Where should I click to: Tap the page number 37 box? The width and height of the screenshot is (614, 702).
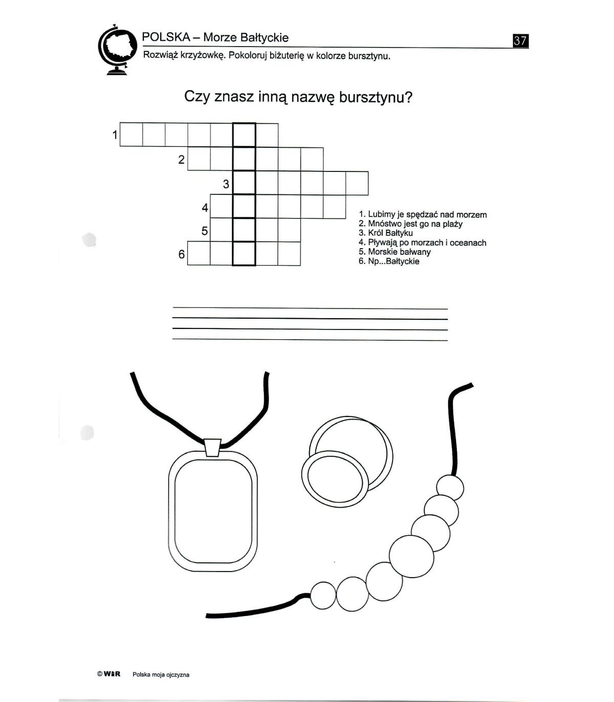click(x=520, y=41)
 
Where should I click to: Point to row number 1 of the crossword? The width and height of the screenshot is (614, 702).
click(x=115, y=135)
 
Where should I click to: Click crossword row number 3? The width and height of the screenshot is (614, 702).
click(x=226, y=184)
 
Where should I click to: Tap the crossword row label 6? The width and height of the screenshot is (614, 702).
click(x=181, y=254)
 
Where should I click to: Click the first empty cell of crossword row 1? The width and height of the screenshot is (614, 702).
click(x=131, y=135)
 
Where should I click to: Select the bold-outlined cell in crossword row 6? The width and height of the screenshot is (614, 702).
click(x=244, y=254)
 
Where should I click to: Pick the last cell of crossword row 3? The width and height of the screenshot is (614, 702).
click(x=357, y=183)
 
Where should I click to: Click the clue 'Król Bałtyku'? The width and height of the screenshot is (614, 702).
click(x=386, y=233)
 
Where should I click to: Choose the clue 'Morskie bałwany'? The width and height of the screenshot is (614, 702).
click(x=394, y=252)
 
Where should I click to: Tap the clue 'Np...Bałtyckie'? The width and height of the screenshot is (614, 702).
click(x=389, y=261)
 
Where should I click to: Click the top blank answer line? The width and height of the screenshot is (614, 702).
click(x=310, y=308)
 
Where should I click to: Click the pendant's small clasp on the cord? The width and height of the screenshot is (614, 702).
click(x=213, y=448)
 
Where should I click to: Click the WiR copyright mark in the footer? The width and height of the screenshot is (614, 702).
click(x=108, y=674)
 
